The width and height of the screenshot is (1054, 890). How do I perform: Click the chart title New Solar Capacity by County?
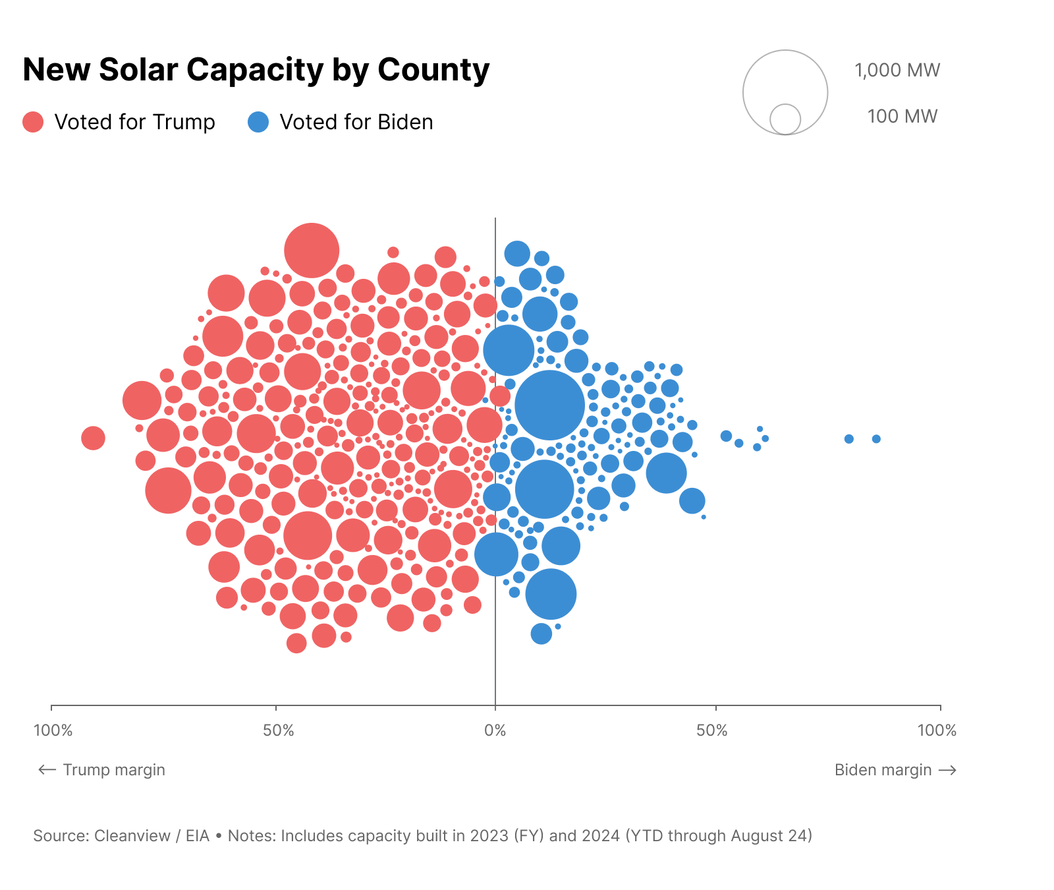pyautogui.click(x=256, y=70)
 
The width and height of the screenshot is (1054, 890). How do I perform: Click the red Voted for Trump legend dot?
pyautogui.click(x=33, y=122)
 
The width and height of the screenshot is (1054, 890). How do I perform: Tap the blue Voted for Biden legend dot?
pyautogui.click(x=258, y=122)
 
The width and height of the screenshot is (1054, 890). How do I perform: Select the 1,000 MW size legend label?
pyautogui.click(x=897, y=71)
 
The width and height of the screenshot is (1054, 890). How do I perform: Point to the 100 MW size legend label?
pyautogui.click(x=902, y=117)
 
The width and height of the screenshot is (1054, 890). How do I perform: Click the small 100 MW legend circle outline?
pyautogui.click(x=785, y=119)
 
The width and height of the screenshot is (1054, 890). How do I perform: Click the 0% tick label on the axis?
pyautogui.click(x=495, y=730)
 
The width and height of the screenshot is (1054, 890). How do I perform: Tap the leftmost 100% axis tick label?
pyautogui.click(x=53, y=730)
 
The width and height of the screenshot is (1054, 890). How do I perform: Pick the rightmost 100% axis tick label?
pyautogui.click(x=937, y=730)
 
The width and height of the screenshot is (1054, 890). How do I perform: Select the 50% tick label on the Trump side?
pyautogui.click(x=278, y=730)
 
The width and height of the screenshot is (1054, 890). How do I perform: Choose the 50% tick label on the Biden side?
pyautogui.click(x=712, y=730)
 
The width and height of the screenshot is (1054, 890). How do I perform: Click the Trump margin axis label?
pyautogui.click(x=113, y=770)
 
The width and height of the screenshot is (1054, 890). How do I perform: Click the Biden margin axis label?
pyautogui.click(x=883, y=770)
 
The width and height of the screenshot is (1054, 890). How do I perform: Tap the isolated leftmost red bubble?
pyautogui.click(x=93, y=438)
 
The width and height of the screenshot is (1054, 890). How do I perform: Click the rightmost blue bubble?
pyautogui.click(x=876, y=439)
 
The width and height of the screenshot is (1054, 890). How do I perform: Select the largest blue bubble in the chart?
pyautogui.click(x=549, y=405)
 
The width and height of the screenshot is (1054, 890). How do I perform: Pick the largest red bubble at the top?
pyautogui.click(x=312, y=251)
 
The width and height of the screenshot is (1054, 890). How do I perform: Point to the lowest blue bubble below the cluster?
pyautogui.click(x=541, y=634)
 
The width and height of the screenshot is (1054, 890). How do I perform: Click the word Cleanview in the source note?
pyautogui.click(x=132, y=836)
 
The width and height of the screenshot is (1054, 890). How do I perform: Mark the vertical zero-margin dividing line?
pyautogui.click(x=495, y=659)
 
